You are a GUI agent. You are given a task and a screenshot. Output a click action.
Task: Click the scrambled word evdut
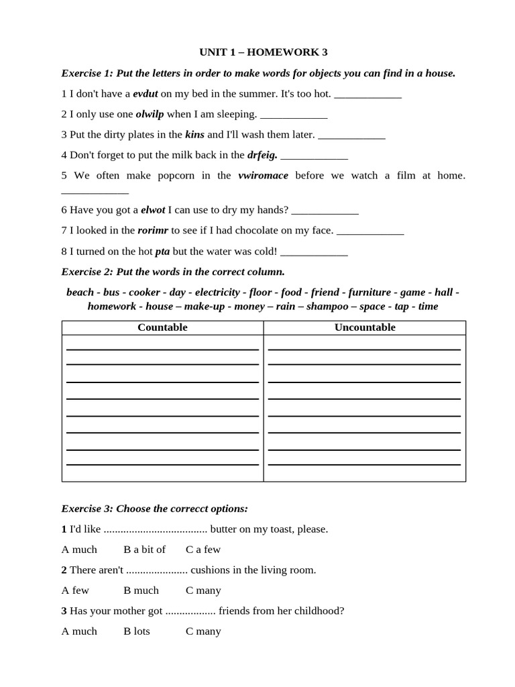pyautogui.click(x=145, y=94)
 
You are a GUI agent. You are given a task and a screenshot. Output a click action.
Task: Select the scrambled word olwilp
pyautogui.click(x=150, y=114)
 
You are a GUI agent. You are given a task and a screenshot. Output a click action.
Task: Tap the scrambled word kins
pyautogui.click(x=194, y=134)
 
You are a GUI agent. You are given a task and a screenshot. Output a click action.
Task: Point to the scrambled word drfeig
pyautogui.click(x=262, y=155)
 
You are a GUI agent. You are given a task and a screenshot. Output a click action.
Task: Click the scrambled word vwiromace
pyautogui.click(x=263, y=175)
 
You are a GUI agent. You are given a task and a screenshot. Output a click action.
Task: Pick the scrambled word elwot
pyautogui.click(x=153, y=210)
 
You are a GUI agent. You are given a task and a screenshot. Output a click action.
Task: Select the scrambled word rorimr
pyautogui.click(x=153, y=230)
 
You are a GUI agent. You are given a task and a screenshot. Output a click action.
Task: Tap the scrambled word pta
pyautogui.click(x=162, y=251)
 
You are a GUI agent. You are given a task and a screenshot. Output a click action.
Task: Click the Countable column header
pyautogui.click(x=162, y=327)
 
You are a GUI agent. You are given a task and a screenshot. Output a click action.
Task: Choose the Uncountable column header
pyautogui.click(x=365, y=327)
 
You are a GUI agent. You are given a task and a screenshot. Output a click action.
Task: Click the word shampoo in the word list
pyautogui.click(x=327, y=307)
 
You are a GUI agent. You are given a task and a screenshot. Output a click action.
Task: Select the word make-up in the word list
pyautogui.click(x=205, y=307)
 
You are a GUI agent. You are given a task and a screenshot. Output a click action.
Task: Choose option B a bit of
pyautogui.click(x=144, y=549)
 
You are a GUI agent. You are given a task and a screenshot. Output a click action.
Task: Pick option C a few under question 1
pyautogui.click(x=203, y=549)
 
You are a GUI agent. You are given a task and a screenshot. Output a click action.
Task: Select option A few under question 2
pyautogui.click(x=75, y=590)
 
